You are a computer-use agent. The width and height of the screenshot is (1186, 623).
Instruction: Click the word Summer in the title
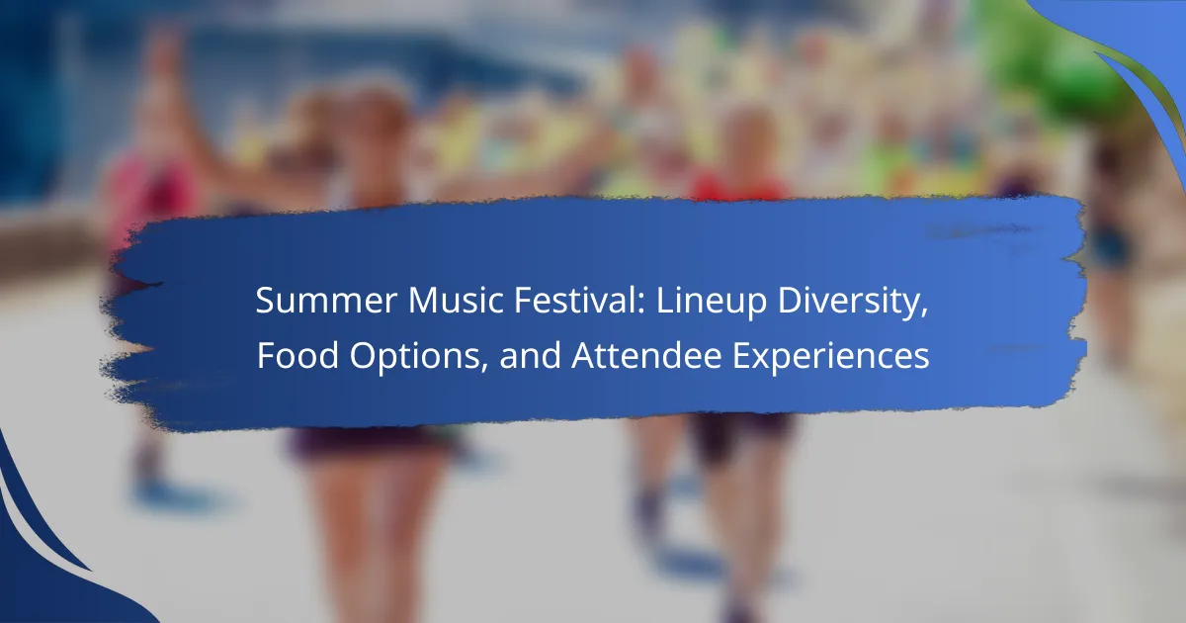tap(326, 301)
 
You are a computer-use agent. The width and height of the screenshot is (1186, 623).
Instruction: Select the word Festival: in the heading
tap(580, 301)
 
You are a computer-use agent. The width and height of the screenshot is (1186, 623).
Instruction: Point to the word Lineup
tap(711, 302)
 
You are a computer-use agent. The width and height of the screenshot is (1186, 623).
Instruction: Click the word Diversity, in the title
tap(852, 302)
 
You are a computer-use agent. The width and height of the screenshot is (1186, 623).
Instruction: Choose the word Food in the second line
tap(297, 355)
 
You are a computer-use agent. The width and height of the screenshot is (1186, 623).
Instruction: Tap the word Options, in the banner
tap(418, 357)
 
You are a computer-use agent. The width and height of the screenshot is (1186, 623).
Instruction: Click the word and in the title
tap(530, 355)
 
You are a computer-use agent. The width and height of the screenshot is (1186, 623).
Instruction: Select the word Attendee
tap(647, 355)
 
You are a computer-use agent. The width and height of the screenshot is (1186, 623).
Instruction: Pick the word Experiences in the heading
tap(831, 357)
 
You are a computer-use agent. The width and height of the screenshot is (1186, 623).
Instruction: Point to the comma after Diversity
tap(923, 314)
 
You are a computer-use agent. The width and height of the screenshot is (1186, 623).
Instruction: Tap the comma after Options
tap(483, 369)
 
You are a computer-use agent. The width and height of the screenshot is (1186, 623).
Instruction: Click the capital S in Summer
tap(266, 301)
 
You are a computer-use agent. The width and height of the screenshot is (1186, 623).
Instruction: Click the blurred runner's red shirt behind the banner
tap(741, 187)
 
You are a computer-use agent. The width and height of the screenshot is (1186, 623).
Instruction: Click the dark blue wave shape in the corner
tap(47, 573)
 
